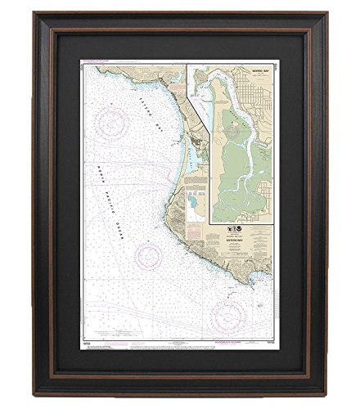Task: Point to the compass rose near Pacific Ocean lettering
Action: [x=150, y=255]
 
